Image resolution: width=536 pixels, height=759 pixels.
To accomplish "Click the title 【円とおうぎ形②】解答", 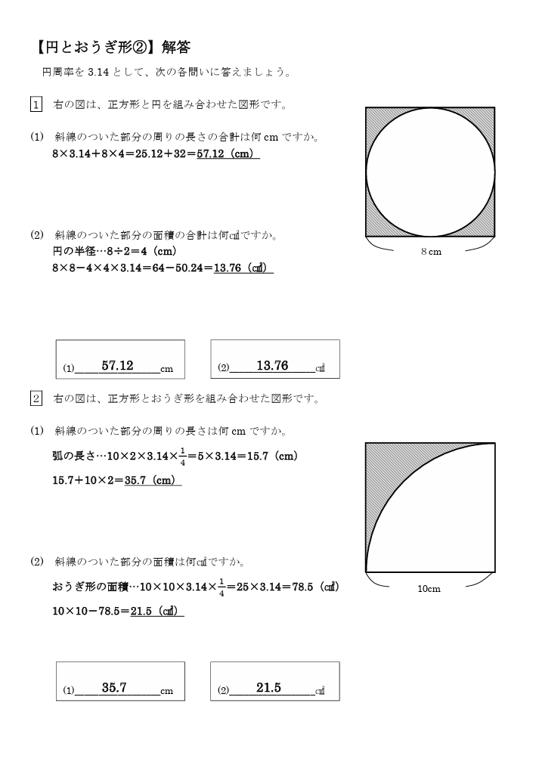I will (114, 47).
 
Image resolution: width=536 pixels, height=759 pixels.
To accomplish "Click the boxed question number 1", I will (36, 104).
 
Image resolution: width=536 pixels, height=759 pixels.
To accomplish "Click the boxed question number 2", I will (36, 398).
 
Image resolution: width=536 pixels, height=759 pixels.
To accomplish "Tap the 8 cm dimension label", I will (431, 252).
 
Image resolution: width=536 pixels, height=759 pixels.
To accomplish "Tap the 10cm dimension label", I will (429, 589).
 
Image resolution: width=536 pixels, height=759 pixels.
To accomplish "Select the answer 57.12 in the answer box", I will (117, 366).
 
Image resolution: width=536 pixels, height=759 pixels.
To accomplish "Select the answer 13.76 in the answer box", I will (272, 366).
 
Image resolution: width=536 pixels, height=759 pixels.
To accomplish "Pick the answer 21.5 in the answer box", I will (268, 688).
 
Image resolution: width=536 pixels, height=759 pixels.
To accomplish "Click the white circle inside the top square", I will (430, 172).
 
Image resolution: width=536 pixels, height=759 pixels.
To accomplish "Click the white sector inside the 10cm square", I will (454, 529).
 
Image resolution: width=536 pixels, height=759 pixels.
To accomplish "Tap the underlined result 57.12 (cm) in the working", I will (228, 154).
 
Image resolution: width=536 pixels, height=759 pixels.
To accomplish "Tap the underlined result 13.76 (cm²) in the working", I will (243, 268).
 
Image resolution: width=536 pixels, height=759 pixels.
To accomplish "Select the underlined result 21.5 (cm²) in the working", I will (156, 611).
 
